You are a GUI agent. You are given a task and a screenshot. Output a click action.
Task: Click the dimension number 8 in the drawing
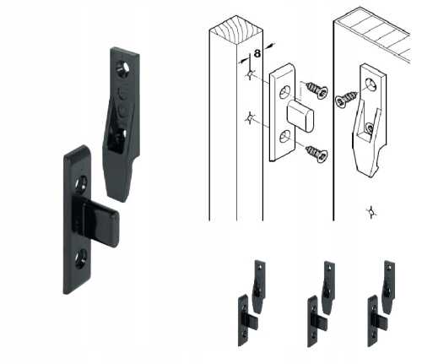257,53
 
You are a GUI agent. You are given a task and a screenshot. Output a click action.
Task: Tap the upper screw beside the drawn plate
316,90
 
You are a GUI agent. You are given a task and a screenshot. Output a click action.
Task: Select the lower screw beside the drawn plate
316,154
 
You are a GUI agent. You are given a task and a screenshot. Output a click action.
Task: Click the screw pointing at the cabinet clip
346,100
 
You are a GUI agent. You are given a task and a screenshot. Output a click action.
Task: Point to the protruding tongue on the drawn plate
300,117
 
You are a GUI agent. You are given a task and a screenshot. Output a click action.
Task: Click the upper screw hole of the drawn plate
285,92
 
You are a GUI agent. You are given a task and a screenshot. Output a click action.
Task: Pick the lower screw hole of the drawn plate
285,138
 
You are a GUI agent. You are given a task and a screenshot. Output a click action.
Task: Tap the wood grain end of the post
236,30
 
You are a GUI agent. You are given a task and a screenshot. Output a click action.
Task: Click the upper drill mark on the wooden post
250,74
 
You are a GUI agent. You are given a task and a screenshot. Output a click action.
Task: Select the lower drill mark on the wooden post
250,118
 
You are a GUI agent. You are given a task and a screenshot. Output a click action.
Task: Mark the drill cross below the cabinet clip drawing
371,212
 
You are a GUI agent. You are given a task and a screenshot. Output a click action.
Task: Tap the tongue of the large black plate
96,221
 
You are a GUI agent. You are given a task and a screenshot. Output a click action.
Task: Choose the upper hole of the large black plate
81,184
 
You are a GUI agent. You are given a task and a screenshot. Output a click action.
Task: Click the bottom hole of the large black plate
81,259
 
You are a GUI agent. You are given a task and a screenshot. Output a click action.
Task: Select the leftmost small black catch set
252,303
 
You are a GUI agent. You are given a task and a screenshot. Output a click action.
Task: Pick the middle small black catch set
321,304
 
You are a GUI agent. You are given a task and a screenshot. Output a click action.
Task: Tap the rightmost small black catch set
381,303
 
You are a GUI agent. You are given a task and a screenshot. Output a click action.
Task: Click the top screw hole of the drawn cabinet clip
371,85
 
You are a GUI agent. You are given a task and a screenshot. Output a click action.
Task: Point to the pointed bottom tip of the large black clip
121,199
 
